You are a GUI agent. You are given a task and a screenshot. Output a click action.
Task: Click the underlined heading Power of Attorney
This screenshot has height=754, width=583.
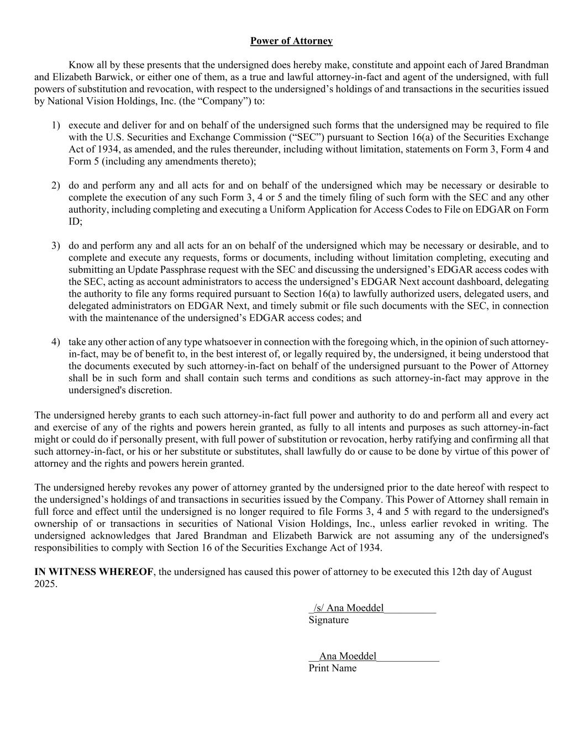click(291, 41)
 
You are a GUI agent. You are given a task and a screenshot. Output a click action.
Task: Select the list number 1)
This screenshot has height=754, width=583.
click(56, 125)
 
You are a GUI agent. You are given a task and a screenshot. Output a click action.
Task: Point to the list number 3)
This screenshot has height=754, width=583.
click(56, 245)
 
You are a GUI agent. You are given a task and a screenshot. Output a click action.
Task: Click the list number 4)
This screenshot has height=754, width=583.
click(56, 342)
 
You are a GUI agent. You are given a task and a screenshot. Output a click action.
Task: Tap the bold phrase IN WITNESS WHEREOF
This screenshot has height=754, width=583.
click(93, 572)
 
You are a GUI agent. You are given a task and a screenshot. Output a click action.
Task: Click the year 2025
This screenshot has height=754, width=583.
click(45, 584)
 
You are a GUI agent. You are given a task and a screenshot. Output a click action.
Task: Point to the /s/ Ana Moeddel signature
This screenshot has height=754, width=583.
click(349, 608)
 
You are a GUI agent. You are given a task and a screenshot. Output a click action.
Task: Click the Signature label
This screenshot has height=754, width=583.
click(329, 620)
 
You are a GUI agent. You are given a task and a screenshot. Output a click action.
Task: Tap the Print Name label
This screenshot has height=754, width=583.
click(332, 668)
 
